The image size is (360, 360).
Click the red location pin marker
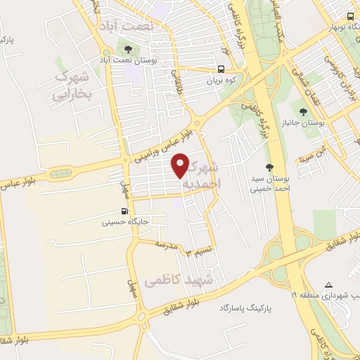pyautogui.click(x=181, y=165)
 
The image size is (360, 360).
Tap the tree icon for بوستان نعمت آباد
pyautogui.click(x=127, y=49)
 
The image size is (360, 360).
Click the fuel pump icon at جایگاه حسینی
pyautogui.click(x=124, y=212)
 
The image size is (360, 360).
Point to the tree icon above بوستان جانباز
pyautogui.click(x=303, y=111)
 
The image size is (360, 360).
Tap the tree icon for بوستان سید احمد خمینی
pyautogui.click(x=270, y=167)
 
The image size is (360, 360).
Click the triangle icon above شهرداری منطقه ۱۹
pyautogui.click(x=328, y=284)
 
